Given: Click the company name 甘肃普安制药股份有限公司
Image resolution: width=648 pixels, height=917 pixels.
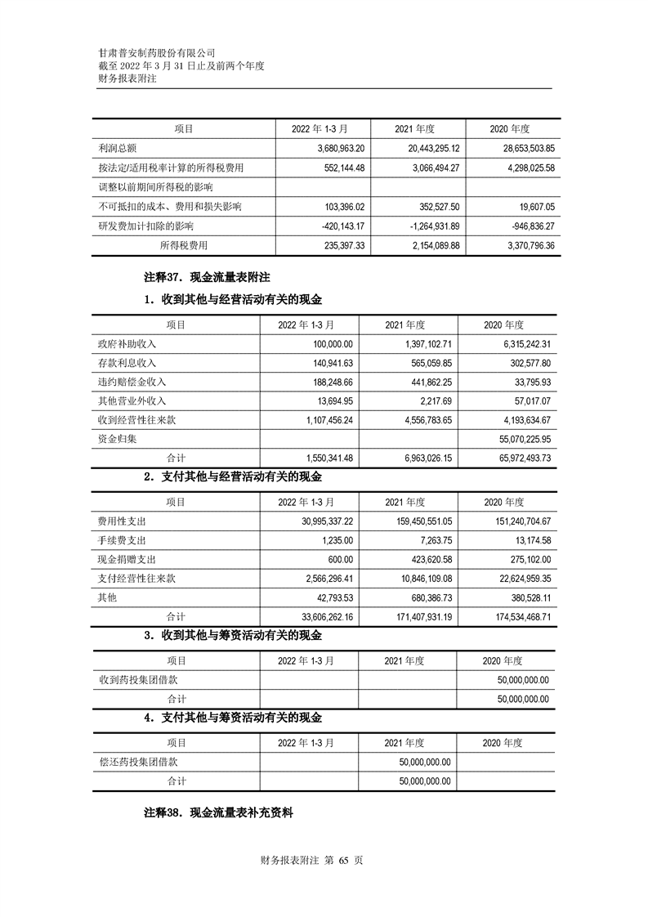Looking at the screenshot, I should click(x=156, y=51).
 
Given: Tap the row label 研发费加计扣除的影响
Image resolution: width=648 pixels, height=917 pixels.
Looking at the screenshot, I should click(x=145, y=226).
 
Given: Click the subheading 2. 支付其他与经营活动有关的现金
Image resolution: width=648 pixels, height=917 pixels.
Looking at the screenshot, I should click(x=233, y=477).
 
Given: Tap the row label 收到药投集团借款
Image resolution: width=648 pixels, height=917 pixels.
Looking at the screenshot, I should click(x=138, y=680).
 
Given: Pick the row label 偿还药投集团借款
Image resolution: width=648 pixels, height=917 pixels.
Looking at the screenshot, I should click(x=138, y=762).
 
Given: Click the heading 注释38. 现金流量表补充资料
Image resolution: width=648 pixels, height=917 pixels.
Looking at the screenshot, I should click(x=218, y=814).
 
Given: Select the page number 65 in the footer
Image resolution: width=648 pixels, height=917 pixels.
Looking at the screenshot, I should click(x=343, y=861).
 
